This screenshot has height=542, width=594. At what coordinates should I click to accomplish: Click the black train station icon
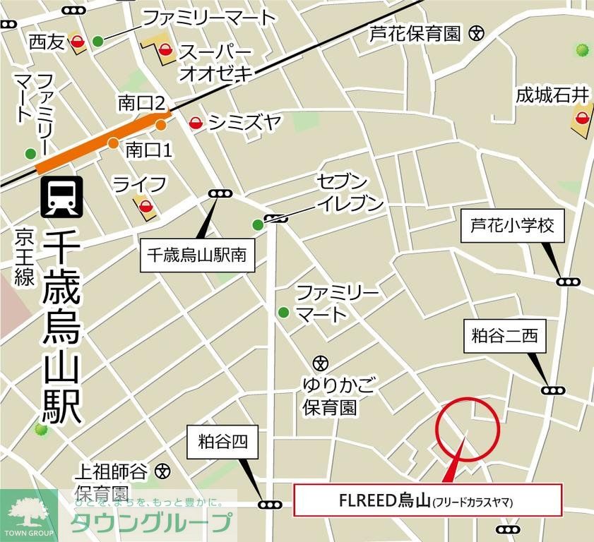click(62, 196)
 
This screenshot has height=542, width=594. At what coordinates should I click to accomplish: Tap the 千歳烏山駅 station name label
click(61, 327)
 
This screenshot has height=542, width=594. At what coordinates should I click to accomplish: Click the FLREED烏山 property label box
click(427, 501)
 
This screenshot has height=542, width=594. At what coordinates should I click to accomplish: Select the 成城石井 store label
click(552, 94)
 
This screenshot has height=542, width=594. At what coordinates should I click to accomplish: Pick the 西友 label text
click(47, 42)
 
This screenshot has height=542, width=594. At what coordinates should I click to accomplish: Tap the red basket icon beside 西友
click(78, 42)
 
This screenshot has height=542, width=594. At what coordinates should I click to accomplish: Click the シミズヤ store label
click(244, 124)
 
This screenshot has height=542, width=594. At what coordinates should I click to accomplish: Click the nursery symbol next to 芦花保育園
click(479, 32)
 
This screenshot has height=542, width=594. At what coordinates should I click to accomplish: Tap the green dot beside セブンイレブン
click(258, 225)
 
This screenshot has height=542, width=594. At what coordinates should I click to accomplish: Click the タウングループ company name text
click(151, 523)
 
